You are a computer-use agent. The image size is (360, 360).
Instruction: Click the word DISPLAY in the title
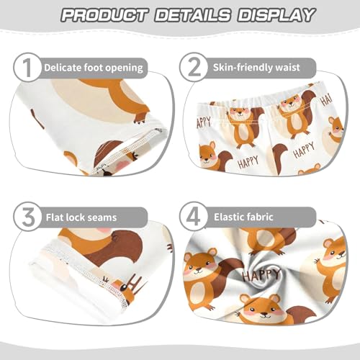click(272, 15)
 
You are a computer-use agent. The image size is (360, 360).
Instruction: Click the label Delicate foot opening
click(94, 68)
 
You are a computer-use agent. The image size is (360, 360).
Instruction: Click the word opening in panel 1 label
click(125, 68)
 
